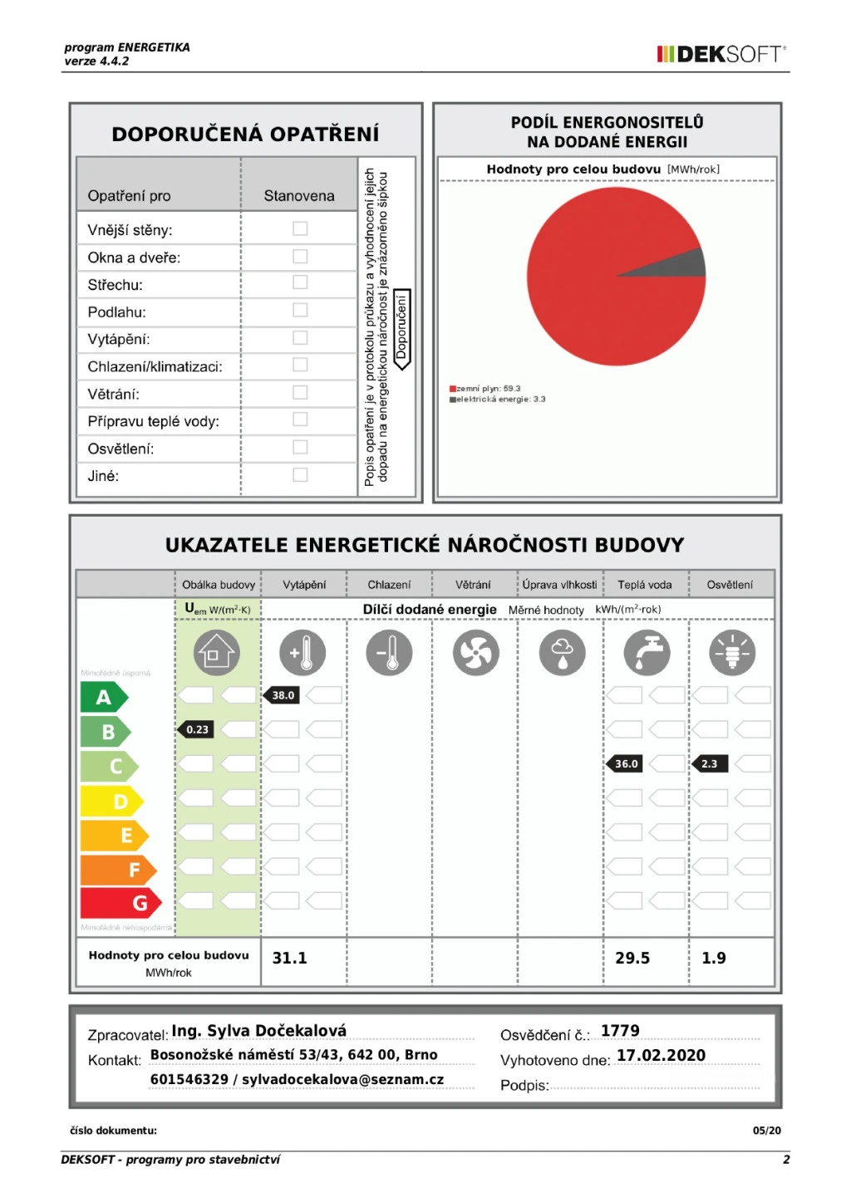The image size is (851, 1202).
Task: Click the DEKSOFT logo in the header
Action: point(721,55)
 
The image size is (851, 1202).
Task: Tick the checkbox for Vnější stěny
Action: point(300,228)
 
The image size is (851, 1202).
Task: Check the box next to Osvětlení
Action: point(300,448)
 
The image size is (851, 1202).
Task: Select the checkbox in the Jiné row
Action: point(300,475)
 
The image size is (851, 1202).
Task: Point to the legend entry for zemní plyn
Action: point(485,389)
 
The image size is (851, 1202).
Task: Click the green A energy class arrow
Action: point(103,697)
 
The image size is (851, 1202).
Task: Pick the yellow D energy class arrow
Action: point(111,801)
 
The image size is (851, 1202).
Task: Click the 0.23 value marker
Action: point(196,729)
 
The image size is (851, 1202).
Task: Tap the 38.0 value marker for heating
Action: point(282,695)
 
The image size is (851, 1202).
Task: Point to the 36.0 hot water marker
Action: point(625,763)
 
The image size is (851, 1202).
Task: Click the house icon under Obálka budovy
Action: point(217,652)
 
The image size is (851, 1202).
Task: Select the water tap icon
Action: point(647,652)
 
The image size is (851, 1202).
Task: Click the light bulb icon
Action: point(732,652)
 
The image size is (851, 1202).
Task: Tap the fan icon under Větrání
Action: point(475,652)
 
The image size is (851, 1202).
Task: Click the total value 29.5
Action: point(632,958)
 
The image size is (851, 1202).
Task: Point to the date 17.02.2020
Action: point(661,1056)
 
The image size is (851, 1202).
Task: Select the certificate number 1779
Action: point(620,1031)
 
